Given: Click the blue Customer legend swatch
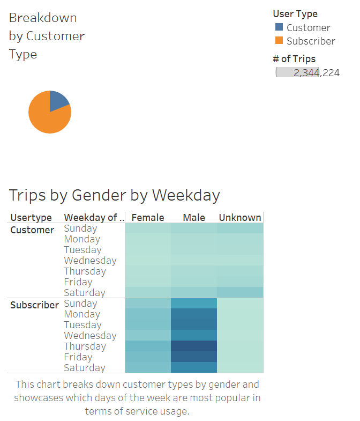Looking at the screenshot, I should click(279, 27).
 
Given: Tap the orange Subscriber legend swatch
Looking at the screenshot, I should click(279, 40).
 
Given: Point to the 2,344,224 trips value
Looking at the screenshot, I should click(316, 72).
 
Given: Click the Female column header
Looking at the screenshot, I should click(147, 217).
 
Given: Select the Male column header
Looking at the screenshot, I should click(193, 217).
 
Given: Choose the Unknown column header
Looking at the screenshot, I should click(240, 217).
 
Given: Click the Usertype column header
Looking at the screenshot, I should click(31, 217).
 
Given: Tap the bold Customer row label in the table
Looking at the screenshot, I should click(32, 230).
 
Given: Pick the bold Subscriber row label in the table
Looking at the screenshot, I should click(34, 305).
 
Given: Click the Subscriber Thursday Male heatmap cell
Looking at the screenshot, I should click(193, 346).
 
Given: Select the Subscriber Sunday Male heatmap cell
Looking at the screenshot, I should click(193, 303).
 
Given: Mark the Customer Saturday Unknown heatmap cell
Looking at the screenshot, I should click(240, 292).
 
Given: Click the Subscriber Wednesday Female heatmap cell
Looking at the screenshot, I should click(147, 335).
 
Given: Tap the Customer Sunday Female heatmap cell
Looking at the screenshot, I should click(147, 228).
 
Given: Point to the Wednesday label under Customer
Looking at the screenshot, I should click(90, 261).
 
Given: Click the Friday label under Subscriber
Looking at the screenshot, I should click(78, 357).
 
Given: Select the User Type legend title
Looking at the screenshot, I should click(295, 14).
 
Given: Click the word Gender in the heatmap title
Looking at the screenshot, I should click(100, 195).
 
